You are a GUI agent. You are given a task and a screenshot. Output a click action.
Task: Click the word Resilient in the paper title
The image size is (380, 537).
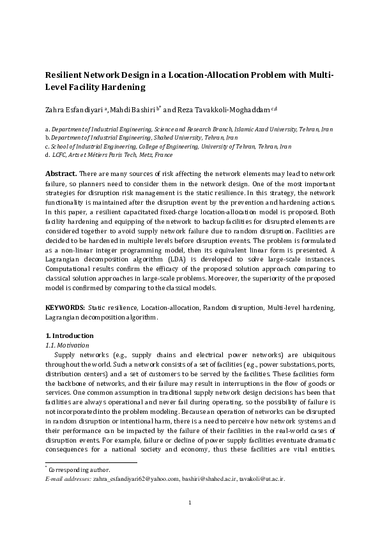pyautogui.click(x=64, y=75)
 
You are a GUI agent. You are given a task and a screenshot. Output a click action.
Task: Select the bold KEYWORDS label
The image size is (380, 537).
pyautogui.click(x=67, y=307)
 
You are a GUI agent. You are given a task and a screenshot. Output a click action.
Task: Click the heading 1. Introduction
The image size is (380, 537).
pyautogui.click(x=70, y=335)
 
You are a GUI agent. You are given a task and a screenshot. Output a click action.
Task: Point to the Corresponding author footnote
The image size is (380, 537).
pyautogui.click(x=79, y=469)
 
